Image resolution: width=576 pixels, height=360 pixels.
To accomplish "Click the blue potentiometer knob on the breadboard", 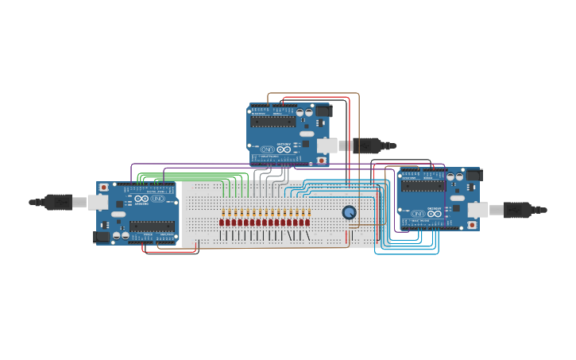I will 350,212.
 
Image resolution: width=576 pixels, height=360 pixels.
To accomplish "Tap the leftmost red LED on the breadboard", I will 222,223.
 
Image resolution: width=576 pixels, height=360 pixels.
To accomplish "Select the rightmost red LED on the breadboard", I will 307,223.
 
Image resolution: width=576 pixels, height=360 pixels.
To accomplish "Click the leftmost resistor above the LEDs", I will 223,213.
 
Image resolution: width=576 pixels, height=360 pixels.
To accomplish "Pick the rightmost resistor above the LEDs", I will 308,213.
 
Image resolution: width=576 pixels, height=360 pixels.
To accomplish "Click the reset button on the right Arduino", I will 472,225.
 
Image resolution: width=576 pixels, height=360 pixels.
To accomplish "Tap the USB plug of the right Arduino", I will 517,210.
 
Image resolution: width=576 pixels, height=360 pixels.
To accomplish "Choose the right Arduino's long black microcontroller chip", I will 423,187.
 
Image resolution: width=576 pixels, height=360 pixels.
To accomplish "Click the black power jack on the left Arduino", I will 101,236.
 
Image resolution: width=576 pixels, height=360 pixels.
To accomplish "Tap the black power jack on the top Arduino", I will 323,111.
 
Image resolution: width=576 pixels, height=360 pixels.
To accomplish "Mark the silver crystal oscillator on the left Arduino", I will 118,214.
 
